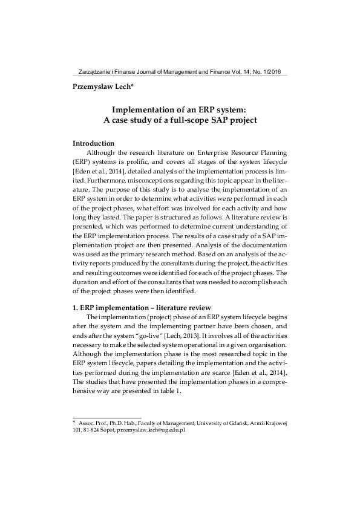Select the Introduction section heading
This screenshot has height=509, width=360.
93,143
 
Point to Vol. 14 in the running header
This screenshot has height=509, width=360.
235,70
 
